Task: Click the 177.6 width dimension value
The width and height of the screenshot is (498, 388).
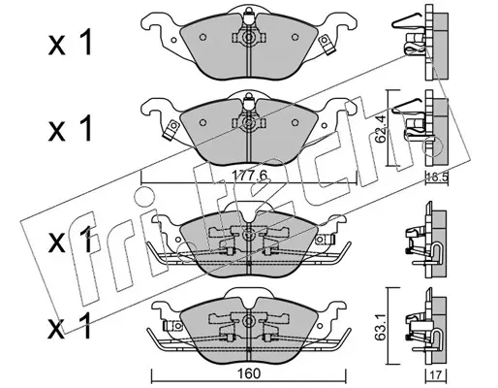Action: pyautogui.click(x=250, y=176)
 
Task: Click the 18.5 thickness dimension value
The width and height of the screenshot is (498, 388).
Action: pyautogui.click(x=436, y=178)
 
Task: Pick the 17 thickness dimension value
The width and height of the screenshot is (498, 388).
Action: pyautogui.click(x=437, y=375)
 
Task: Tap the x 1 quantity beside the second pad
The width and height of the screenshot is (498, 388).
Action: pyautogui.click(x=71, y=129)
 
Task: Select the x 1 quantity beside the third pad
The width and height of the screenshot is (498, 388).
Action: pyautogui.click(x=71, y=240)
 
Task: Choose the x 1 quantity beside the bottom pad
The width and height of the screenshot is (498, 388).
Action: pyautogui.click(x=71, y=326)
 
